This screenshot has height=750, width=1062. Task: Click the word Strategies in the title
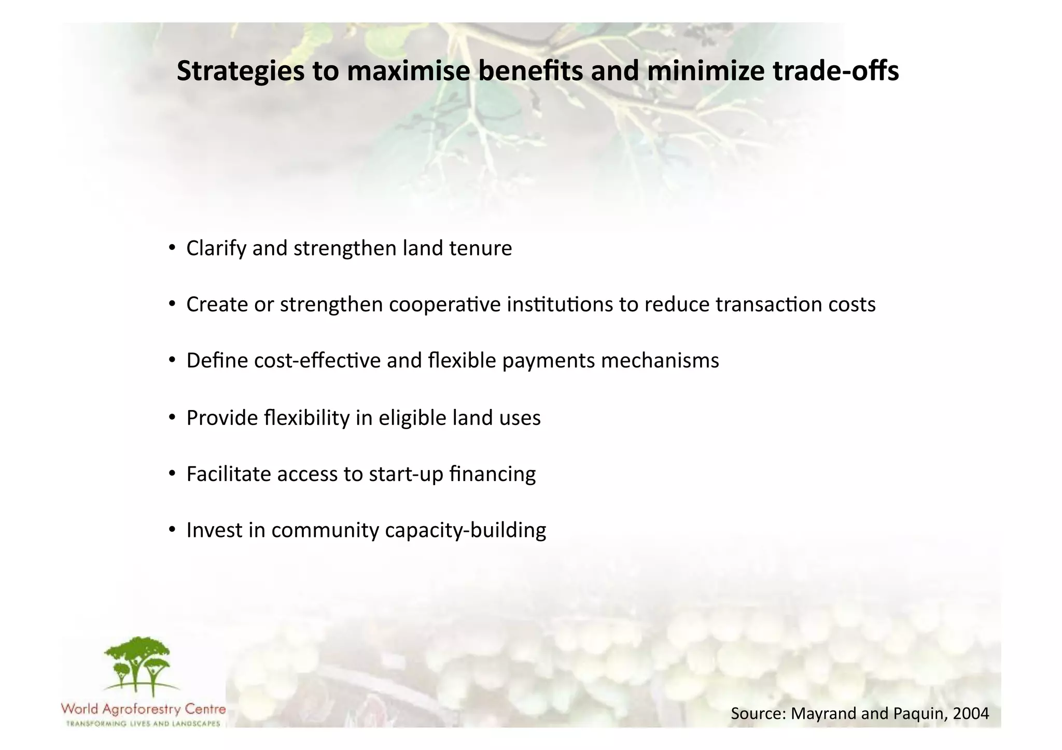pos(240,72)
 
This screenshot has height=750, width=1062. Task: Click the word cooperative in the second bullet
pos(445,304)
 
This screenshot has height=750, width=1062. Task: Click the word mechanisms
pos(660,361)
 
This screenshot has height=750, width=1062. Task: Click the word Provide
pos(222,418)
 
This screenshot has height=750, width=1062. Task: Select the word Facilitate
pos(229,474)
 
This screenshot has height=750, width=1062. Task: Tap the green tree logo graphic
pos(137,666)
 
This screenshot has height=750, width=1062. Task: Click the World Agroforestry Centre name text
pos(143,709)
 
